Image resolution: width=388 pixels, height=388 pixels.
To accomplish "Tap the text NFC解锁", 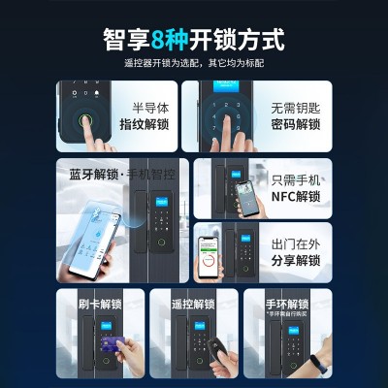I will coord(295,194).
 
